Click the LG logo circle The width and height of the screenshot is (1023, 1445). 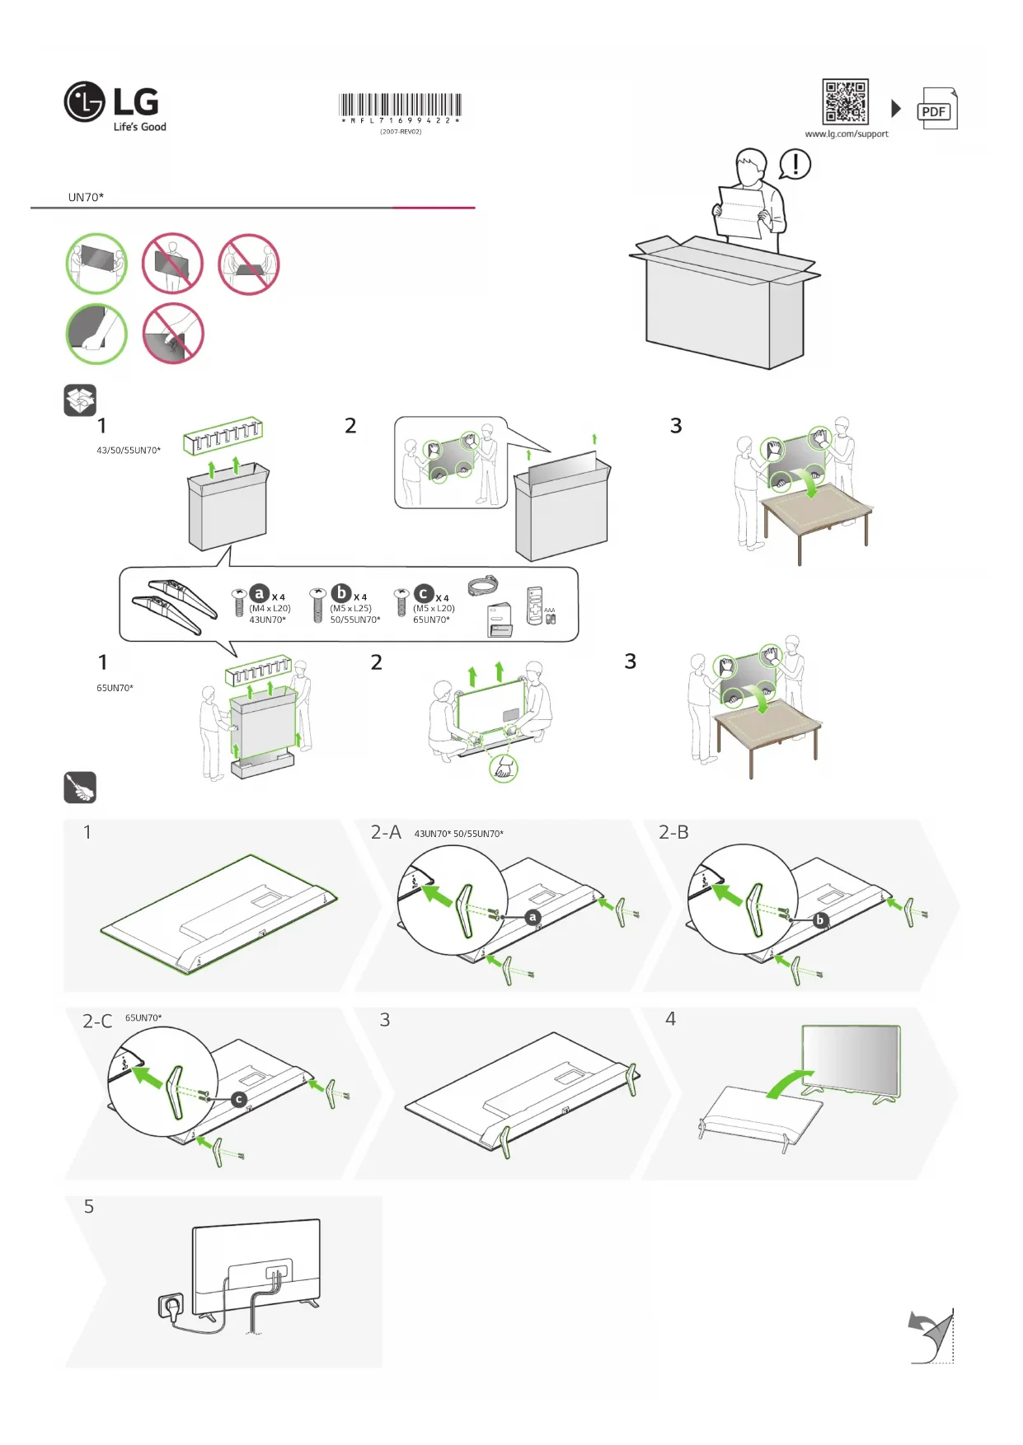click(x=84, y=102)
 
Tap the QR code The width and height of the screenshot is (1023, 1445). click(x=845, y=101)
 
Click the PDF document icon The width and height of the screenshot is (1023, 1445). click(x=936, y=109)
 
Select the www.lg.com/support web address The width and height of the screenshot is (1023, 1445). click(x=847, y=134)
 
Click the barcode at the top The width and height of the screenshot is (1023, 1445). click(x=401, y=105)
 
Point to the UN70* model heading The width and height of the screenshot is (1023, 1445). click(x=86, y=198)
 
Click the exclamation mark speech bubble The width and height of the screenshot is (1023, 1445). click(x=795, y=164)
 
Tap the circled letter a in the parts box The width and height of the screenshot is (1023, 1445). click(x=260, y=593)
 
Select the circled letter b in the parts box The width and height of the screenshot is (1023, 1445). click(x=340, y=593)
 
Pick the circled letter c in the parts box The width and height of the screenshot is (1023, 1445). click(x=423, y=594)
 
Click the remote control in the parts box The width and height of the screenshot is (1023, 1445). click(x=534, y=606)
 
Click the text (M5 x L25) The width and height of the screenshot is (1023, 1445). click(x=351, y=609)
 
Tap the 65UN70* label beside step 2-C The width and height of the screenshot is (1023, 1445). click(x=143, y=1018)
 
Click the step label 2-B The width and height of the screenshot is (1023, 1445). click(x=673, y=833)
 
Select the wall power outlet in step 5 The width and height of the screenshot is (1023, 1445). click(x=171, y=1307)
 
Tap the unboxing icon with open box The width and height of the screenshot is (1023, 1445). click(x=80, y=400)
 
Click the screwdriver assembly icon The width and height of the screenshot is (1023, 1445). click(x=80, y=788)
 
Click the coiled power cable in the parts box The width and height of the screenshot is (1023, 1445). click(x=482, y=586)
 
